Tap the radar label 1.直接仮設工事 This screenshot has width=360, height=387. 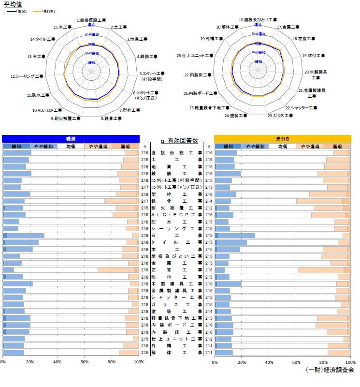(x=91, y=21)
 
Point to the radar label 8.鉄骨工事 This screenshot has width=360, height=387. (x=112, y=118)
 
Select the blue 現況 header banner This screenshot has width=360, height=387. (x=71, y=138)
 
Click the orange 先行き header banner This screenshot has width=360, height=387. (x=282, y=138)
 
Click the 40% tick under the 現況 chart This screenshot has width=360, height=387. (x=57, y=361)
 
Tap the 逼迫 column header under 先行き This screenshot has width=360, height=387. (x=336, y=146)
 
